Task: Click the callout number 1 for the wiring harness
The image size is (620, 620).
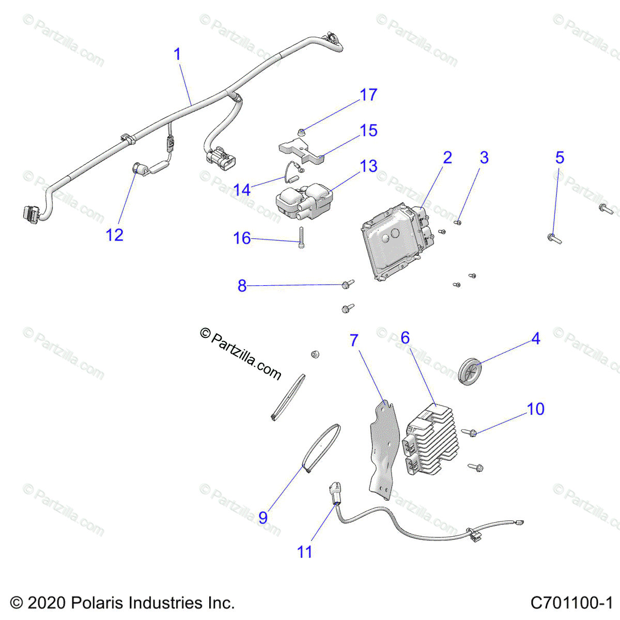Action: click(177, 54)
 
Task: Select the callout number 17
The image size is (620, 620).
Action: click(368, 95)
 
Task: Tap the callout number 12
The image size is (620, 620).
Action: click(115, 235)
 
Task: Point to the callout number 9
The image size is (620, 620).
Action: click(263, 517)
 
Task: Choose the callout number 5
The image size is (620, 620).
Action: click(560, 158)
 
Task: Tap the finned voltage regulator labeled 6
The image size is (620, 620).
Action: click(430, 439)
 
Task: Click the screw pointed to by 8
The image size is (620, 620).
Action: click(348, 284)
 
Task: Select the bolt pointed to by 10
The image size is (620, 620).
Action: click(472, 432)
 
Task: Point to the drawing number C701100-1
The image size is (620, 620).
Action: click(571, 603)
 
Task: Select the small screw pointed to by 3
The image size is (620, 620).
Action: click(457, 222)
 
